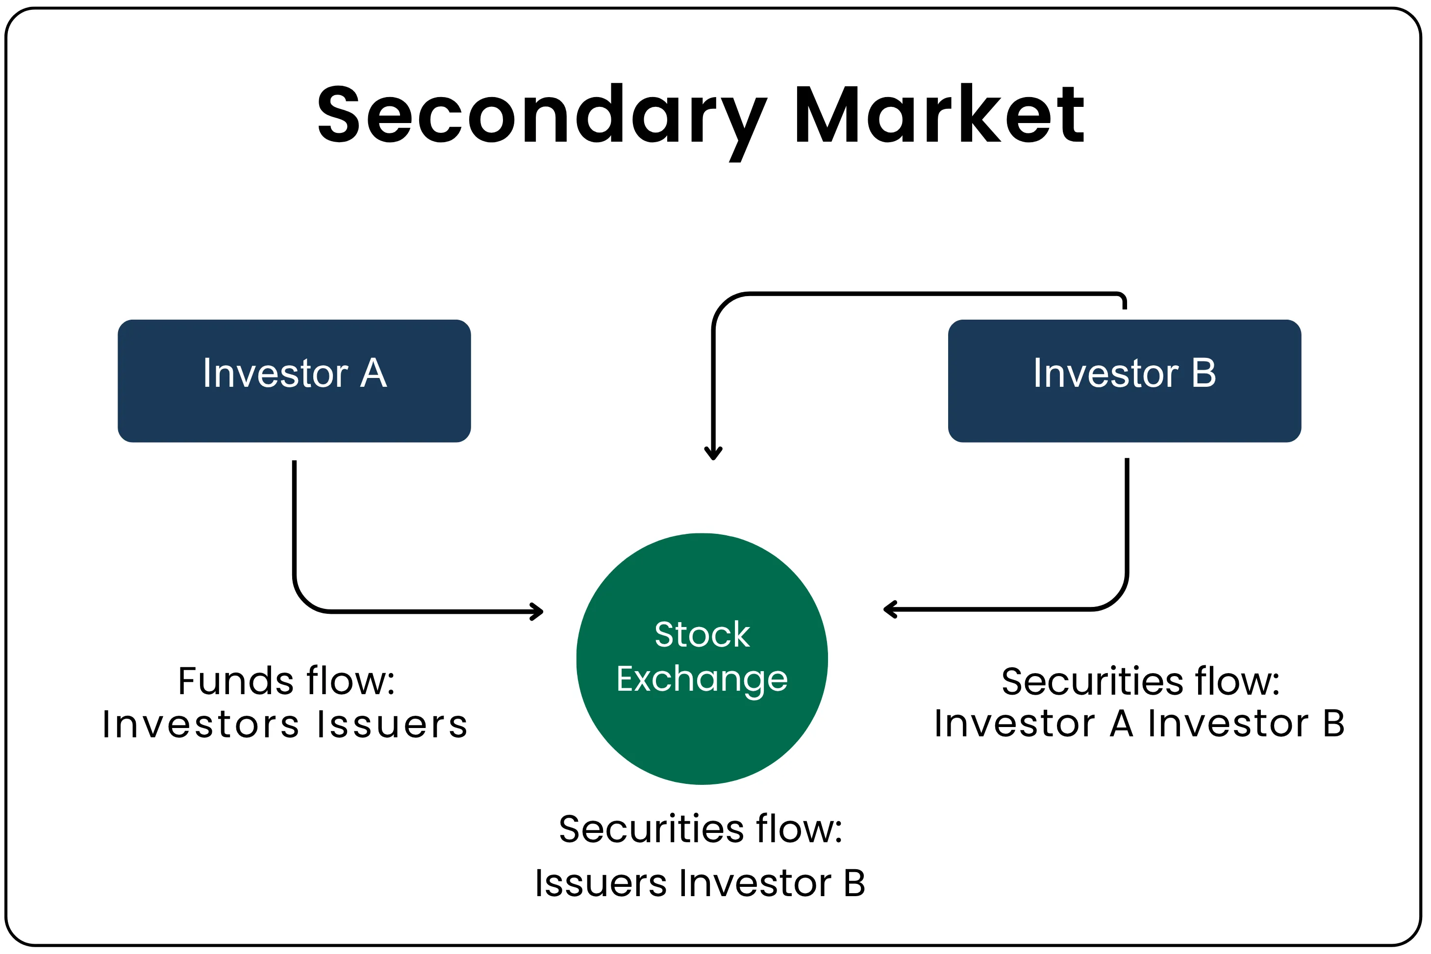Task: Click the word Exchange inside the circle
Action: (x=702, y=679)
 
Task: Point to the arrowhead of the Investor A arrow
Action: (x=537, y=611)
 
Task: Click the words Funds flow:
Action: (x=287, y=681)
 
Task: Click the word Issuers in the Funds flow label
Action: (x=392, y=725)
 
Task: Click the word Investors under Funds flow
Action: (x=201, y=725)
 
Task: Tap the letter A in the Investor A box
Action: (x=374, y=373)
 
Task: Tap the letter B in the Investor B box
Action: (x=1204, y=373)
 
